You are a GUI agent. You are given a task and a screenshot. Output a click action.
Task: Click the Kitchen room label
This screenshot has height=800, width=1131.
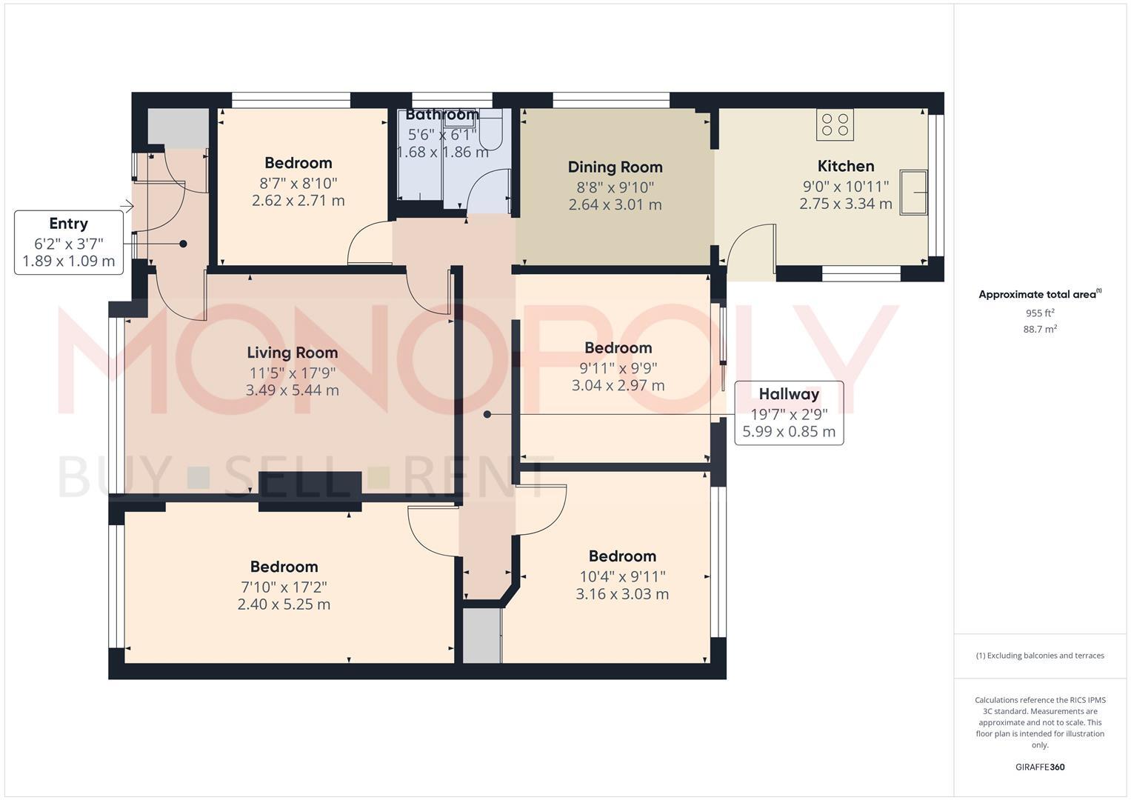[845, 166]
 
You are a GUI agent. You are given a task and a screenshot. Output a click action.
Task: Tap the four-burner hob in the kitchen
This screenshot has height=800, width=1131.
[835, 124]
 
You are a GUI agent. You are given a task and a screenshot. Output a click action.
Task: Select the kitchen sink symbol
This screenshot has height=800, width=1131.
[913, 193]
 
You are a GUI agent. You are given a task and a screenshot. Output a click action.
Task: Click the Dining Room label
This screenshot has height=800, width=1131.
[615, 167]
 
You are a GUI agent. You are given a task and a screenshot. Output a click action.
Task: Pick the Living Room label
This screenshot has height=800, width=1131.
[292, 353]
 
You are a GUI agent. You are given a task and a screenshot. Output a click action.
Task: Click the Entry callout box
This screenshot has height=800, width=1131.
[69, 242]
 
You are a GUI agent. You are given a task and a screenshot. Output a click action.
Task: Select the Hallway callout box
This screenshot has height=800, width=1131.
[788, 413]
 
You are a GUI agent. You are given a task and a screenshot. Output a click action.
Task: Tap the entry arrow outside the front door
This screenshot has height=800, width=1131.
[127, 206]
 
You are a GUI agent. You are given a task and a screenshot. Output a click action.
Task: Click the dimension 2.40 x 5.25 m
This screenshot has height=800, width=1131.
[284, 604]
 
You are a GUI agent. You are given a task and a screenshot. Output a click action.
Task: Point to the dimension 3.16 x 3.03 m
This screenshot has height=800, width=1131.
[622, 594]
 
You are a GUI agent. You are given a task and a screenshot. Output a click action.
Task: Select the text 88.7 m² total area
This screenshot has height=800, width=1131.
[1039, 329]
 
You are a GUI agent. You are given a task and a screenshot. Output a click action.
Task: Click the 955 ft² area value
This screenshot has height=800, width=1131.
[1039, 313]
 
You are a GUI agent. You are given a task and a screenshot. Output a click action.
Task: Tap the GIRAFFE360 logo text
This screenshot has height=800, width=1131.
[1039, 767]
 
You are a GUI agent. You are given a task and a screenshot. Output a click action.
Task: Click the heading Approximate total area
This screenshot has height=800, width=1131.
[1038, 294]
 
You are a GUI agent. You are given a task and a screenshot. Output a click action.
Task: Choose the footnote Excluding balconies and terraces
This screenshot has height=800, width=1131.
[1039, 656]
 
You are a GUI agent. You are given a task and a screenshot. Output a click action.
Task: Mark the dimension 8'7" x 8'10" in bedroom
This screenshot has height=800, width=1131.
[298, 183]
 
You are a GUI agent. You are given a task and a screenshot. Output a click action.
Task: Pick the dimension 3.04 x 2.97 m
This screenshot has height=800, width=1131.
[618, 385]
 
